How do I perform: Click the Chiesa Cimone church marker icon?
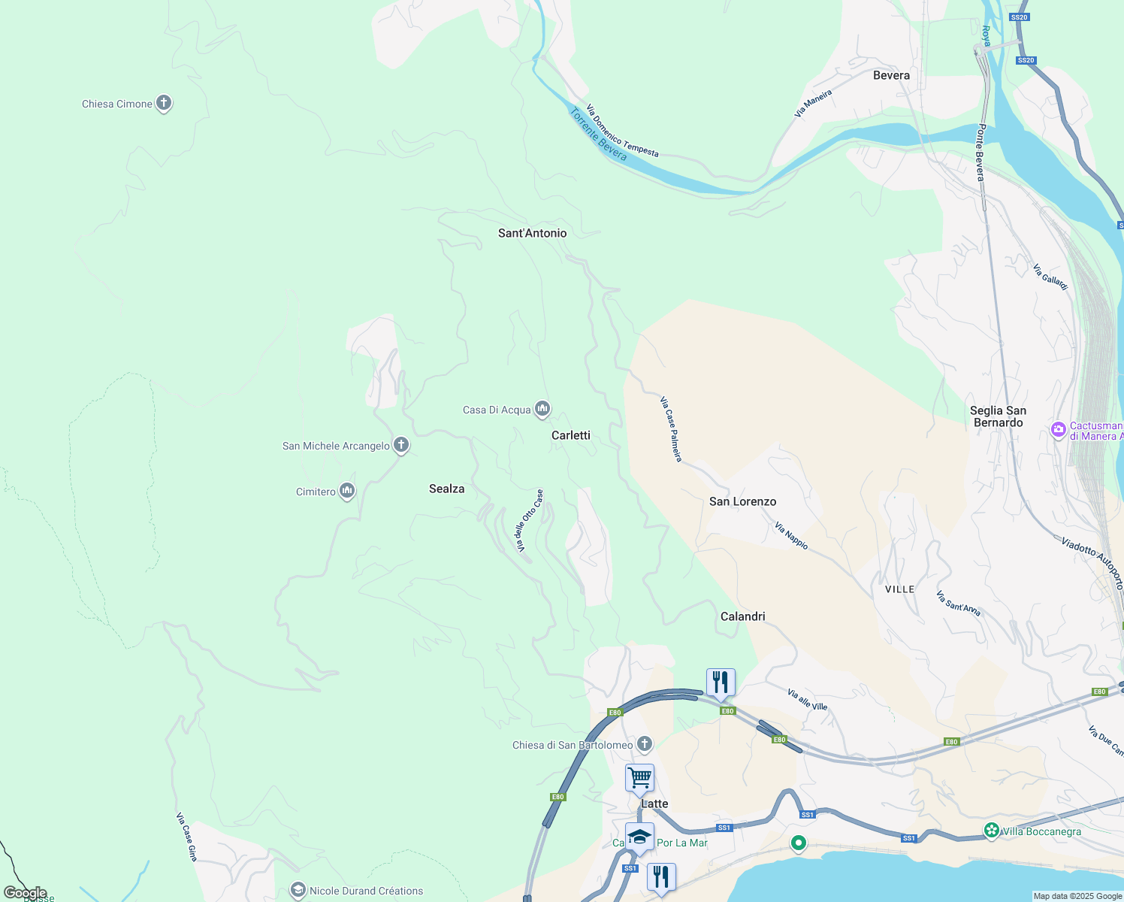pos(164,104)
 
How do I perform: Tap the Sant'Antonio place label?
pos(532,233)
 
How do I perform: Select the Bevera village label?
pos(891,75)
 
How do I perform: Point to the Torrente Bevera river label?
pos(598,135)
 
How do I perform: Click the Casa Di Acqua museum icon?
pos(542,409)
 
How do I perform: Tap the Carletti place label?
pos(571,435)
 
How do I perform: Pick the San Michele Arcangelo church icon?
pos(401,445)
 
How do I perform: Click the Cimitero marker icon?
pos(347,491)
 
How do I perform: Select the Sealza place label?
pos(446,489)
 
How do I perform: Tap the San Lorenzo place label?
pos(742,501)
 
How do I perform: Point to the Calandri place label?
pos(742,616)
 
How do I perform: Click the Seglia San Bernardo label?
pos(998,416)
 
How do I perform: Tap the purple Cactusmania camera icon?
pos(1059,430)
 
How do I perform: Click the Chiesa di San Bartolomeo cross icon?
pos(644,744)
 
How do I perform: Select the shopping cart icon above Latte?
pos(639,778)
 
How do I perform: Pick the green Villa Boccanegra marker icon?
pos(992,831)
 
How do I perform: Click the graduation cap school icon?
pos(639,837)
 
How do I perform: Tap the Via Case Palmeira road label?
pos(671,428)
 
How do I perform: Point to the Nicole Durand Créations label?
pos(366,891)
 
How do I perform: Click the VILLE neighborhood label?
pos(899,589)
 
